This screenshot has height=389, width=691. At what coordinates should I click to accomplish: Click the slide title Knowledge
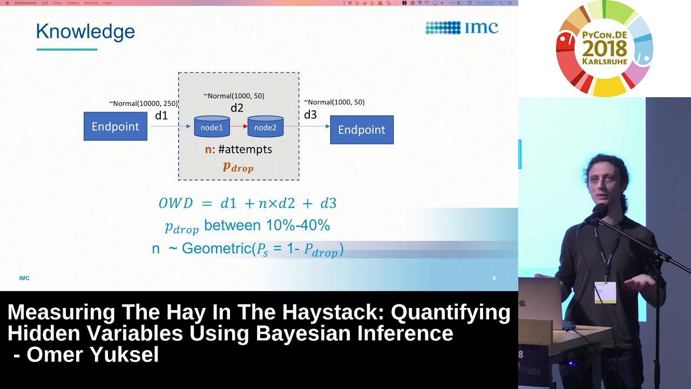point(85,32)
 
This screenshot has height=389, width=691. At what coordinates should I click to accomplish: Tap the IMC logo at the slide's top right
point(462,28)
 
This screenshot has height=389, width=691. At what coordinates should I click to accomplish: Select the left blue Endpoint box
point(115,126)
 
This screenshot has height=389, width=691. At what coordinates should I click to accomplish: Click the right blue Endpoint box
point(362,130)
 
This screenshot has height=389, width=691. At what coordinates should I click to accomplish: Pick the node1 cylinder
point(212,126)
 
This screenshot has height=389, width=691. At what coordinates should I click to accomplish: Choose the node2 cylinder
point(265,126)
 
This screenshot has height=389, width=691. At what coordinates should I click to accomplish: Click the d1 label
point(161,115)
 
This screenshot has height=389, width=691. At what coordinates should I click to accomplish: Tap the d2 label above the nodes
point(237,108)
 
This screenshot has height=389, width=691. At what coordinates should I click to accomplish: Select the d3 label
point(310,115)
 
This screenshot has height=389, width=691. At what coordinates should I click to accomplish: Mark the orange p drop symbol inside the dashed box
point(238,167)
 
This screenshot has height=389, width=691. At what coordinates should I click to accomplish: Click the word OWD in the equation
point(175,204)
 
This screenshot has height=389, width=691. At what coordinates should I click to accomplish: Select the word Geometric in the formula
point(216,249)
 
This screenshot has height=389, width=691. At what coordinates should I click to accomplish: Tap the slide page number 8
point(494,278)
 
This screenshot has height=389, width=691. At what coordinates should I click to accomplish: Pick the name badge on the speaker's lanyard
point(605,292)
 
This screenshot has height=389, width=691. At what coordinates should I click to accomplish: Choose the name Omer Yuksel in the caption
point(92,354)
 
